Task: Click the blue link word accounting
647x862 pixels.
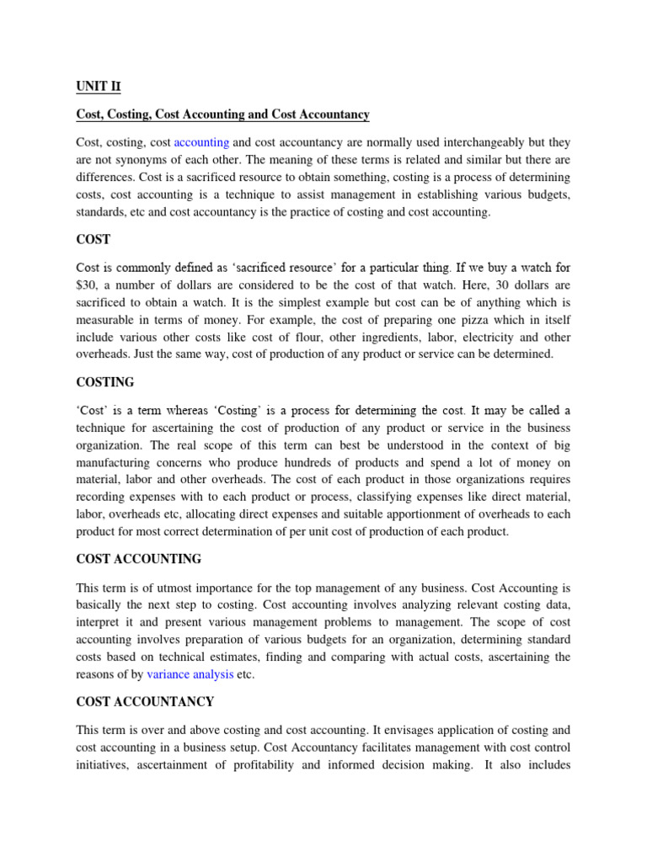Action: (x=201, y=142)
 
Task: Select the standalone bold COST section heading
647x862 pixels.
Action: (x=93, y=240)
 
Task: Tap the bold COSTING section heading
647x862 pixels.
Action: (x=105, y=382)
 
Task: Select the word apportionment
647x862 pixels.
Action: (x=430, y=514)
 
